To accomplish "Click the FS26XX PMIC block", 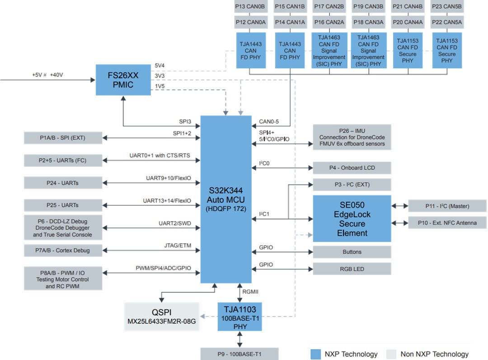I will coord(123,80).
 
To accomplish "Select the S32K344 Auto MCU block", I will coord(225,199).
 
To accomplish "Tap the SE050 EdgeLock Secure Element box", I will coord(352,219).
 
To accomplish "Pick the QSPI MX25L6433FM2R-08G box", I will coord(162,317).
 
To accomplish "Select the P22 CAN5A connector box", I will coord(446,22).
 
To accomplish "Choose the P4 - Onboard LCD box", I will coord(352,168).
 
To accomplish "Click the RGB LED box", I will coord(352,269).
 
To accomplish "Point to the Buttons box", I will coord(352,252).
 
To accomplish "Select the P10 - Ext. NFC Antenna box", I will coord(447,223).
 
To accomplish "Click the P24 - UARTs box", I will coord(62,182).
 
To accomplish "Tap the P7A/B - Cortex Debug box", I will coord(62,251).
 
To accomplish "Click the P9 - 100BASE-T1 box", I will coord(239,354).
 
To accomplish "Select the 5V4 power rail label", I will coord(160,65).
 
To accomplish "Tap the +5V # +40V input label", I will coord(47,75).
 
